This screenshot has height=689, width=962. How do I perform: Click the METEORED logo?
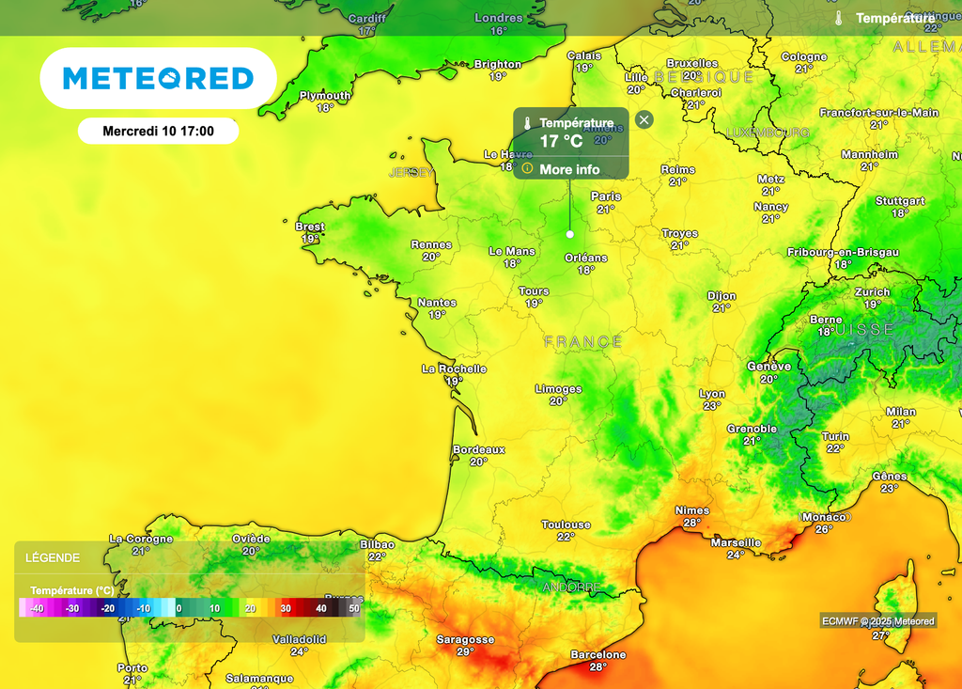click(158, 78)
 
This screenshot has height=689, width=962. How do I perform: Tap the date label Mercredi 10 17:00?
click(158, 132)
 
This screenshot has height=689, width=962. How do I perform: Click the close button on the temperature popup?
click(644, 119)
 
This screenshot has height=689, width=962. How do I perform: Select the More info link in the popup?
click(569, 169)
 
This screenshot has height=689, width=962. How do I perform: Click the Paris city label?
click(606, 196)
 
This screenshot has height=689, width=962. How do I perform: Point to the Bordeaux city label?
click(479, 450)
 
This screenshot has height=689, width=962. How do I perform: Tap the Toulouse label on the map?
click(566, 525)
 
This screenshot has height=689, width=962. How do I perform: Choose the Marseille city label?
click(737, 542)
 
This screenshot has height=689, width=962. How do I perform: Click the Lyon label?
click(712, 394)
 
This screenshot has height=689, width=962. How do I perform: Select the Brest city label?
click(310, 227)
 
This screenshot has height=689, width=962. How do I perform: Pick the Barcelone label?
click(598, 654)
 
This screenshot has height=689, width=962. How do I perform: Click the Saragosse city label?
click(465, 639)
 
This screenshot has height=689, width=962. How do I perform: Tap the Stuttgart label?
click(900, 201)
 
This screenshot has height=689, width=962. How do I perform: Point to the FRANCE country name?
click(583, 342)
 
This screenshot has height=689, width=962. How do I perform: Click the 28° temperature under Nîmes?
click(692, 523)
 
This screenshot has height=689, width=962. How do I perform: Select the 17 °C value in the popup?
click(561, 141)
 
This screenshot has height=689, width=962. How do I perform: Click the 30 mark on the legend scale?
click(287, 609)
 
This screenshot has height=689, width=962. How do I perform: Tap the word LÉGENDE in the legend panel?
click(53, 557)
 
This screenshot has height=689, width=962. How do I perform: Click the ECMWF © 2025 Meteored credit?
click(878, 620)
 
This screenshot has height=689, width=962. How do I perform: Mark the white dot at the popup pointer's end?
click(570, 233)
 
